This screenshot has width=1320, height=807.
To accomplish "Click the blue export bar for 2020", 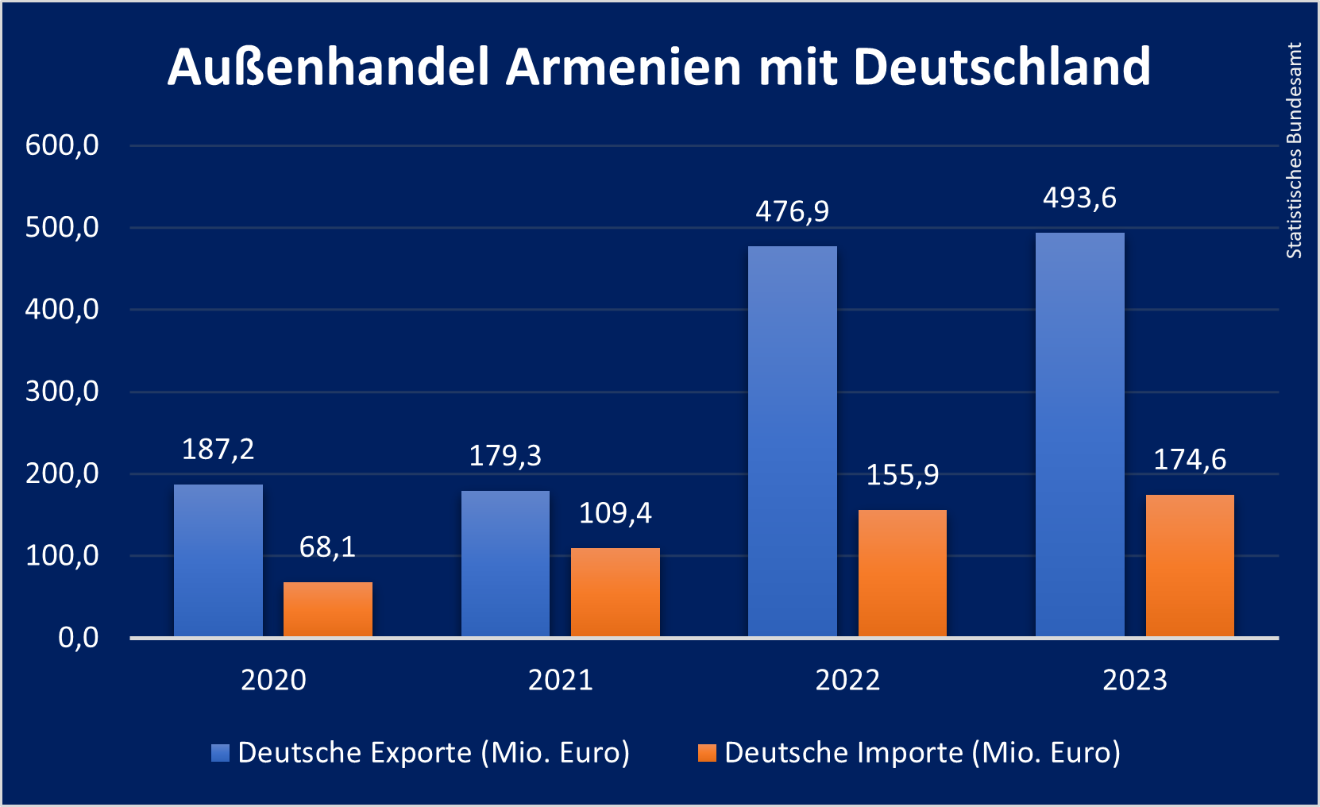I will point(218,561).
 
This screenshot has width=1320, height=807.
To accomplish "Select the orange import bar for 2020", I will point(328,609).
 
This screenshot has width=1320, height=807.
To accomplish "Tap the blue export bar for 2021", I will point(505,564).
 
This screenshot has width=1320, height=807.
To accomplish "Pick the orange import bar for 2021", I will point(616,593).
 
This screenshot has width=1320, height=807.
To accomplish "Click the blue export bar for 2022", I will point(793,442).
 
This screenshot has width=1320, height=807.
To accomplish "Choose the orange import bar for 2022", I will point(902,573).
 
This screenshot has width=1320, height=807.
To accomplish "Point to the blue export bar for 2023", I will point(1080,435).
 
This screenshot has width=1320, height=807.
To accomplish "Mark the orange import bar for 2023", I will point(1190,566).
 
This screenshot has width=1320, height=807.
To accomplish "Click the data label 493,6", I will point(1079,198).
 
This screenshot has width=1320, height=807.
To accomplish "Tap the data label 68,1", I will point(327,546).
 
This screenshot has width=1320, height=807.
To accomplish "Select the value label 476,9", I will point(792,211).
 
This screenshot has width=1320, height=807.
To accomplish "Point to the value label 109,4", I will point(615,513).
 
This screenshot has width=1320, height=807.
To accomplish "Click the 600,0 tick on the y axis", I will point(62,145).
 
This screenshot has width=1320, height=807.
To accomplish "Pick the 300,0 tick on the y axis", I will point(62,392).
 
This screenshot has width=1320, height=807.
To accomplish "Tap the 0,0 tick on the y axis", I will point(78,638).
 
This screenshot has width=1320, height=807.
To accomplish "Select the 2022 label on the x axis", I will point(847,680).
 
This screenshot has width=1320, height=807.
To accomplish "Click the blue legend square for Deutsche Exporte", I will point(220,753).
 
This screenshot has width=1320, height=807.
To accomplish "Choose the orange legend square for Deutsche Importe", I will point(707,753).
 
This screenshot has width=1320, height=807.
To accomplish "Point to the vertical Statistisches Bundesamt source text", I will point(1295,151).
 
